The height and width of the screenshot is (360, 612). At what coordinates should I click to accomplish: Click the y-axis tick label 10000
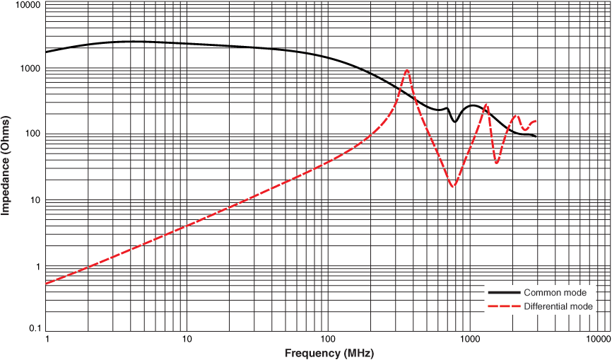click(x=27, y=5)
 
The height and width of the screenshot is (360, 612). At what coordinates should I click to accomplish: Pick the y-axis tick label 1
click(x=37, y=267)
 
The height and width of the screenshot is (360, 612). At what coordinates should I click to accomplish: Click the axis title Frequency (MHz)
click(x=329, y=353)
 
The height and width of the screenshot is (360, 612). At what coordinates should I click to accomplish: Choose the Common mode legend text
click(x=555, y=292)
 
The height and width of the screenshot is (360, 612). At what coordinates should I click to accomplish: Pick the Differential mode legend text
click(x=558, y=306)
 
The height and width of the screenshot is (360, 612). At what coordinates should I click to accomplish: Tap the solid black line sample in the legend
click(x=504, y=292)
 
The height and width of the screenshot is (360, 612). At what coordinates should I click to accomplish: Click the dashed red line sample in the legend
click(x=504, y=306)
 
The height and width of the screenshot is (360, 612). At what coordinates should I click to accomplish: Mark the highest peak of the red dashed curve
click(x=407, y=69)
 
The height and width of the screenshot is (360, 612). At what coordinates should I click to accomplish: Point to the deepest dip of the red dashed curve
click(x=453, y=186)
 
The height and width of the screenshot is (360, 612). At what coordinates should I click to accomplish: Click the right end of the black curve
click(x=536, y=136)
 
